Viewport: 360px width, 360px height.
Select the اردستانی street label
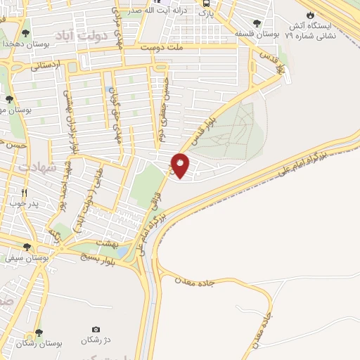pos(47,65)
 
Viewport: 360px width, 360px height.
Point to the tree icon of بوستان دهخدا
pos(26,32)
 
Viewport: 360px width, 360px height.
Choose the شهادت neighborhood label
pos(37,168)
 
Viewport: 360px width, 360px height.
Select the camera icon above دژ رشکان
pos(96,329)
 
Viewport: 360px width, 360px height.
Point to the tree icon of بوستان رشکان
pos(38,332)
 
